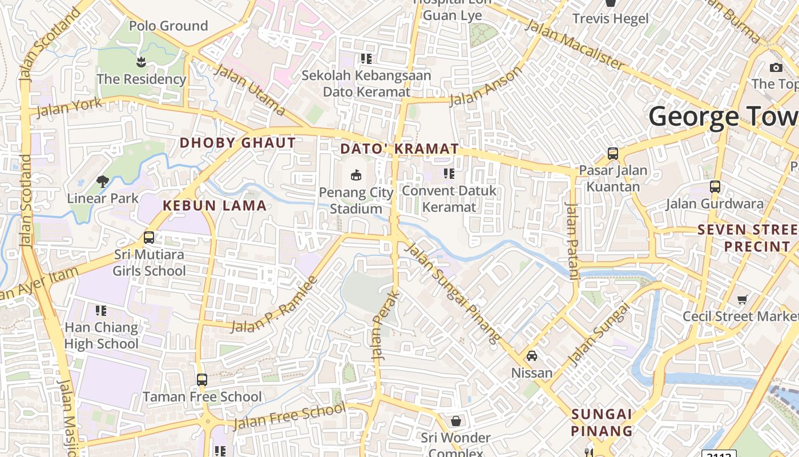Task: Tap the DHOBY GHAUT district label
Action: coord(238,143)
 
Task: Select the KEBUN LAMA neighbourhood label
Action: coord(215,206)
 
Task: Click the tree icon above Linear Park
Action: coord(103,182)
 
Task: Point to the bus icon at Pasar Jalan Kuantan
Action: coord(613,154)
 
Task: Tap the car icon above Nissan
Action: coord(532,356)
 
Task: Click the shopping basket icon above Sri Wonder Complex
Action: coord(456,421)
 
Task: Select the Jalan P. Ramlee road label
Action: coord(275,304)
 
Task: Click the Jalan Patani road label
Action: coord(572,240)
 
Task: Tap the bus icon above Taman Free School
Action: coord(201,379)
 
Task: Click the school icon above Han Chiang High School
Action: coord(101,311)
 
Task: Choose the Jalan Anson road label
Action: coord(486,87)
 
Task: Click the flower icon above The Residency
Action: coord(141,61)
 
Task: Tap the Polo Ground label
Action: coord(168,26)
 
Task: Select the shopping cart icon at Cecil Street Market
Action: coord(742,299)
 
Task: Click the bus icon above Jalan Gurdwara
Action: coord(715,187)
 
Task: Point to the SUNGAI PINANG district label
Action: coord(602,422)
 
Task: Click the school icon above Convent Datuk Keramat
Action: coord(449,173)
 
